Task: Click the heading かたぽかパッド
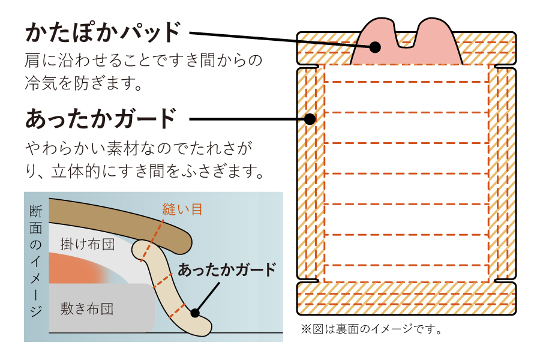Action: [x=103, y=32]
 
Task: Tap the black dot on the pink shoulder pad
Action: [x=376, y=46]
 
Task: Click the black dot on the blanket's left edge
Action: [x=310, y=119]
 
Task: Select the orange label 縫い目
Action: [x=182, y=209]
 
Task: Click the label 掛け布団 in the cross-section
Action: [x=87, y=244]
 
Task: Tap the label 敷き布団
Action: [x=87, y=310]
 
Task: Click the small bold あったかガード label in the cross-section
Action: [x=227, y=269]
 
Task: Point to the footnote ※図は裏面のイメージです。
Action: [x=371, y=329]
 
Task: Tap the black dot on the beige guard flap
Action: [x=194, y=312]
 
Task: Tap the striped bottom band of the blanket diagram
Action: [x=406, y=298]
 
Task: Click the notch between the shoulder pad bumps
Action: [x=406, y=37]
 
